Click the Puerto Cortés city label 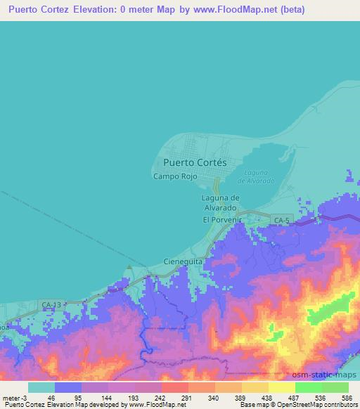191,162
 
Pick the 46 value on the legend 51,398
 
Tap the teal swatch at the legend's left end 41,387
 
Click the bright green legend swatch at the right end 335,387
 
